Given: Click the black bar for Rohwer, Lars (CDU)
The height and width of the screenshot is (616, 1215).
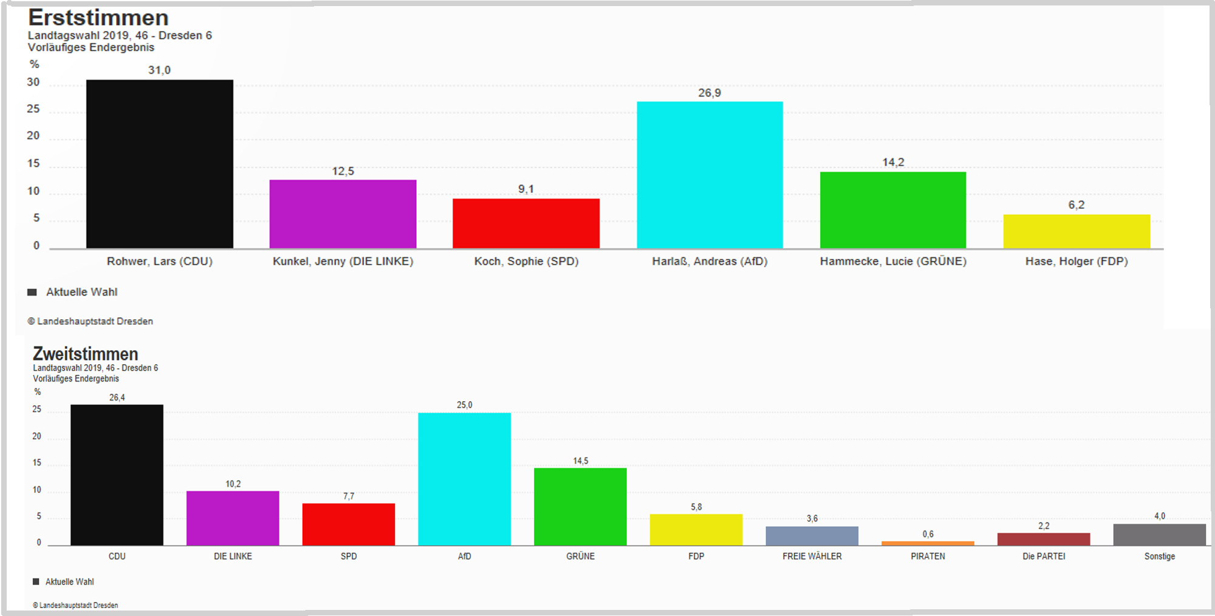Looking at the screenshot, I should [159, 164].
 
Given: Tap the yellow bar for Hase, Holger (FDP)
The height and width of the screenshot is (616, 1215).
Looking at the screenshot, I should [1076, 231].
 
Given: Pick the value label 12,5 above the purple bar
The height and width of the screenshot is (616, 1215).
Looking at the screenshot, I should [343, 171].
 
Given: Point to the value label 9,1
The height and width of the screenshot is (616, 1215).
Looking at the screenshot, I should [526, 189].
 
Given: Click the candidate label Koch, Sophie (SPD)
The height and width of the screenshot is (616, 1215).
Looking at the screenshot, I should [526, 262].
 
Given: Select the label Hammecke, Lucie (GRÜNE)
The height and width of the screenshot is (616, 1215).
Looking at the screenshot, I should [893, 262].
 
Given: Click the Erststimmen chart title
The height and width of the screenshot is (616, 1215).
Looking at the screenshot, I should [98, 18].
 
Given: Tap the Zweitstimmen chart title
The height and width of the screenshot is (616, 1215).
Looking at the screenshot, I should [86, 354].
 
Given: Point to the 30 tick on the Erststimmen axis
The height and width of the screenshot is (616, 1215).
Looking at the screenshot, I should [33, 82].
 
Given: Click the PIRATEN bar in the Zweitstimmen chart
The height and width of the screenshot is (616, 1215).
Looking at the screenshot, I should [928, 543].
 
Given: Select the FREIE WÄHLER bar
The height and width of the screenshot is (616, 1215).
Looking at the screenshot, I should [812, 536].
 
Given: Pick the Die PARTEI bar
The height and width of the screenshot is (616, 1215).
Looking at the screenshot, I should [1044, 539].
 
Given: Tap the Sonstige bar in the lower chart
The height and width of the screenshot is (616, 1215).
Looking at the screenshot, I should [1159, 535].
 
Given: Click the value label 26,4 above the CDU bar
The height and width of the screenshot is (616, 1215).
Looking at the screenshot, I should [117, 398].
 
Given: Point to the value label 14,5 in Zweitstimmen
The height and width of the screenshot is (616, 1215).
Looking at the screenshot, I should [580, 461].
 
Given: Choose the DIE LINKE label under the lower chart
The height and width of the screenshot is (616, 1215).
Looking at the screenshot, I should [233, 557].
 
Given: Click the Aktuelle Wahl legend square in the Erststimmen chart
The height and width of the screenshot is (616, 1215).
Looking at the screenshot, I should [32, 292].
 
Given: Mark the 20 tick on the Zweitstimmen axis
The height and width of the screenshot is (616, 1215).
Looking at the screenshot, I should [36, 436].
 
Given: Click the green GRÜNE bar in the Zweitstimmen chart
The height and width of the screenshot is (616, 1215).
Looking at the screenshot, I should [580, 507].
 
